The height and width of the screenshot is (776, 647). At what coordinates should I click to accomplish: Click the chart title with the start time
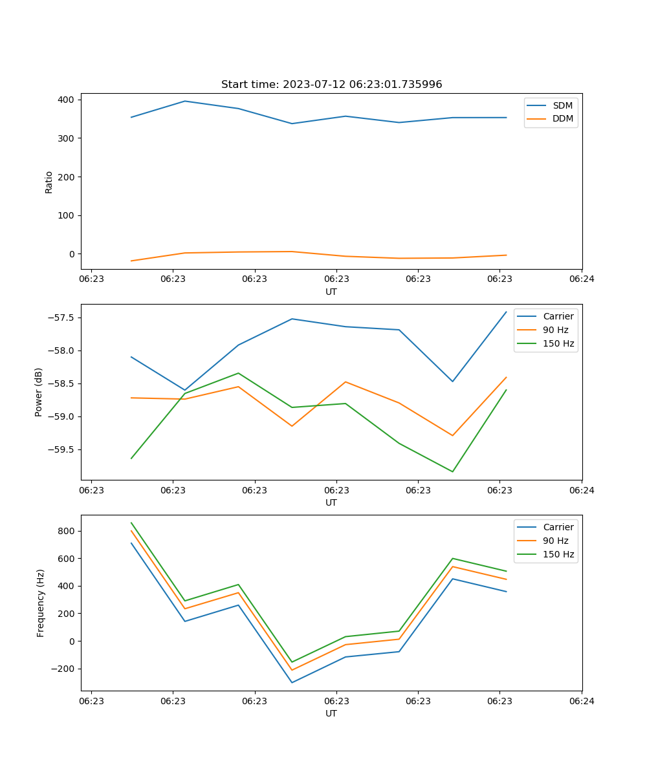click(x=331, y=85)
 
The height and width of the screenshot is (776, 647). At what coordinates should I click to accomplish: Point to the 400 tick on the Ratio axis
click(x=66, y=100)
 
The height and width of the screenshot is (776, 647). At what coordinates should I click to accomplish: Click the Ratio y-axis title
click(x=49, y=181)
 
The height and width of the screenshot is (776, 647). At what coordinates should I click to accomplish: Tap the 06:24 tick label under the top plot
click(x=581, y=279)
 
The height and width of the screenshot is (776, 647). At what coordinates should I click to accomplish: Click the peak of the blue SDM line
click(x=185, y=101)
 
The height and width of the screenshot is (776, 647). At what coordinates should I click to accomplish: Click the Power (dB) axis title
click(x=39, y=392)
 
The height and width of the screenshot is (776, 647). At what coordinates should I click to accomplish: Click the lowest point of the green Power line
click(x=452, y=471)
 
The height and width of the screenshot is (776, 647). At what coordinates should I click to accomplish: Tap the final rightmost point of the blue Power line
click(x=506, y=312)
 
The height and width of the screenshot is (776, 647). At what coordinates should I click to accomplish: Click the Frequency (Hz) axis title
click(x=40, y=603)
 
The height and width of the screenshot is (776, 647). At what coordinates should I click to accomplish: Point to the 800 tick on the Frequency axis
click(x=66, y=531)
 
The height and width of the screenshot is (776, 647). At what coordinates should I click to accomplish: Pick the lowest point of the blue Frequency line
click(x=292, y=682)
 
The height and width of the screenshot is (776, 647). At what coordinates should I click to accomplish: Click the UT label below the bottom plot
click(x=331, y=713)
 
